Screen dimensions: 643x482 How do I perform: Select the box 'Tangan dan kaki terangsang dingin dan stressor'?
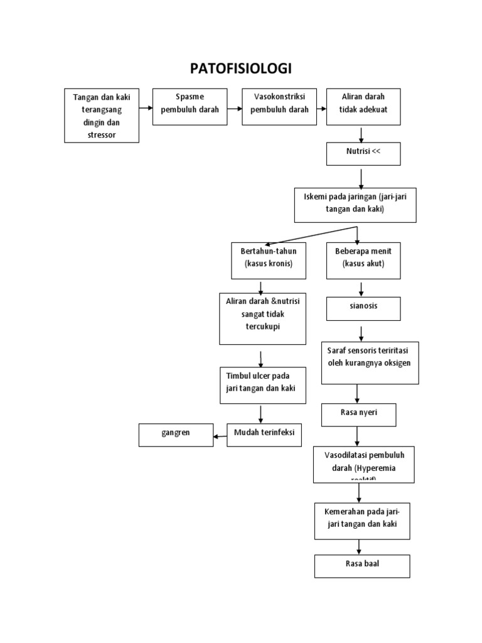pyautogui.click(x=102, y=116)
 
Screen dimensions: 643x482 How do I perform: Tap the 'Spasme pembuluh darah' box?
pyautogui.click(x=190, y=107)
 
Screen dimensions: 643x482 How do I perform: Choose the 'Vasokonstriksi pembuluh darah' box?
pyautogui.click(x=279, y=107)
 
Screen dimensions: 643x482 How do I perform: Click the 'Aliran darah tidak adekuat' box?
pyautogui.click(x=363, y=107)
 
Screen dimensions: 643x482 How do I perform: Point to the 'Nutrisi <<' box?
pyautogui.click(x=363, y=154)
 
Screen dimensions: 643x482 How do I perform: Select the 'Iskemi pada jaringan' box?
pyautogui.click(x=355, y=204)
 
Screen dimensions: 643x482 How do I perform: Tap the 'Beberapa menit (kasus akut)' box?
pyautogui.click(x=363, y=260)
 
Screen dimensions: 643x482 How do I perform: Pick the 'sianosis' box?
pyautogui.click(x=363, y=308)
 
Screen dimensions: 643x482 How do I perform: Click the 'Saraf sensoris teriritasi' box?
pyautogui.click(x=370, y=362)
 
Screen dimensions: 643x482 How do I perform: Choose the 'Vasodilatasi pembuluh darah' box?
pyautogui.click(x=364, y=464)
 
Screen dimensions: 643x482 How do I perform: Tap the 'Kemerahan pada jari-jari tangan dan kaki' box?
pyautogui.click(x=362, y=520)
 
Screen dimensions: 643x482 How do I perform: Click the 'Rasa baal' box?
pyautogui.click(x=362, y=565)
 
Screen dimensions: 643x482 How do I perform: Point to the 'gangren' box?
pyautogui.click(x=176, y=435)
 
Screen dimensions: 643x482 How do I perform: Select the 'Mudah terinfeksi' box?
pyautogui.click(x=264, y=435)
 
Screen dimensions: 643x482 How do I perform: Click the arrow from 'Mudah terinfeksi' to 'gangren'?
pyautogui.click(x=220, y=435)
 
